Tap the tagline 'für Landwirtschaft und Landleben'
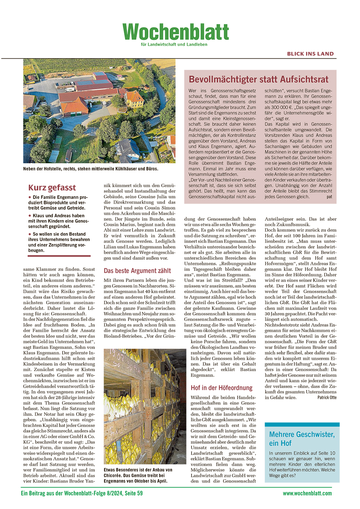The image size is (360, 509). pyautogui.click(x=174, y=45)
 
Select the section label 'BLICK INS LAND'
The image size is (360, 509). pyautogui.click(x=310, y=54)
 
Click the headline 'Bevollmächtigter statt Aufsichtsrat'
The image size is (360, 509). pyautogui.click(x=258, y=79)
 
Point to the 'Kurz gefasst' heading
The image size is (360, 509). pyautogui.click(x=52, y=188)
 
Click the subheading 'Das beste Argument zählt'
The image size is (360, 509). pyautogui.click(x=137, y=271)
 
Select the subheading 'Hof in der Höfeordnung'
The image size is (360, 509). pyautogui.click(x=221, y=388)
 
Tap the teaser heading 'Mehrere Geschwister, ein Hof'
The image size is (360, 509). pyautogui.click(x=302, y=438)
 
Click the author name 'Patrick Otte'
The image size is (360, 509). pyautogui.click(x=327, y=397)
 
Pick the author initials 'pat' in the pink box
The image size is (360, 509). pyautogui.click(x=329, y=197)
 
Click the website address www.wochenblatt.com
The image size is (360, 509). pyautogui.click(x=307, y=494)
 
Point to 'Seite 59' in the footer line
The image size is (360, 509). pyautogui.click(x=134, y=494)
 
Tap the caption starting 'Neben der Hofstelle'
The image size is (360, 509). pyautogui.click(x=90, y=169)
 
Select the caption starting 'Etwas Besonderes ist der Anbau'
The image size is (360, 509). pyautogui.click(x=138, y=475)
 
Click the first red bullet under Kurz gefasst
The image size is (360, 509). pyautogui.click(x=30, y=197)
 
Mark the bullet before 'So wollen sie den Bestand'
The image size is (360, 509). pyautogui.click(x=30, y=234)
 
